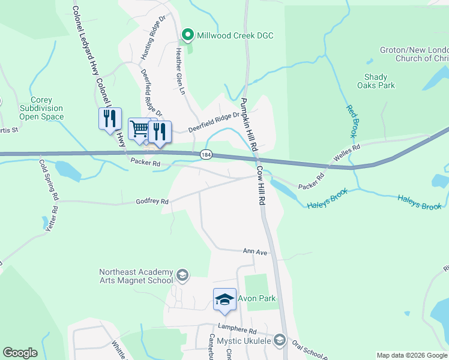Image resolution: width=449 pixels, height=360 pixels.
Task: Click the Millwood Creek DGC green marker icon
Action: [x=187, y=35]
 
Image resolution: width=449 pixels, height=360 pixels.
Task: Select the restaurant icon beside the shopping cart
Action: [x=160, y=131]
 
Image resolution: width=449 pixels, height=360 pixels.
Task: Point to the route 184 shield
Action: [x=206, y=155]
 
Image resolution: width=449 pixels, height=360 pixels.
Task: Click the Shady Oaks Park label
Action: [x=379, y=81]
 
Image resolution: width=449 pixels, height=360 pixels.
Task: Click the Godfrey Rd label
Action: [x=152, y=202]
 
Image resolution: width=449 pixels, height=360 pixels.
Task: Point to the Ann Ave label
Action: [x=255, y=252]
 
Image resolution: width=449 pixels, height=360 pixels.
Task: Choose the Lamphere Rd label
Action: [x=237, y=331]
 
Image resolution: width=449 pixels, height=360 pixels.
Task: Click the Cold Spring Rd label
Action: [x=49, y=179]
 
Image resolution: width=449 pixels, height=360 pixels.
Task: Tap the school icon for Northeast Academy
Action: [x=182, y=276]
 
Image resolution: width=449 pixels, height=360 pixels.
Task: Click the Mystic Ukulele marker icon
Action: [x=279, y=341]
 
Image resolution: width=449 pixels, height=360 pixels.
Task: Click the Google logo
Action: [x=20, y=353]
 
